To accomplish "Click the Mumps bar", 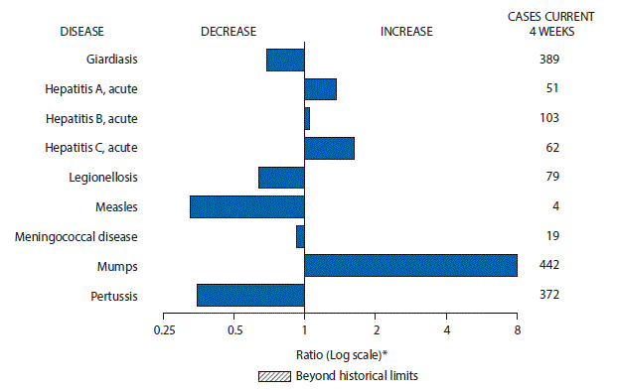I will (410, 266).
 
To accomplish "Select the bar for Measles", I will (246, 206).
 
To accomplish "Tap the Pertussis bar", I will (250, 296).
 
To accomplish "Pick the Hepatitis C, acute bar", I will (329, 148).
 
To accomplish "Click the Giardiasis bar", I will (285, 60).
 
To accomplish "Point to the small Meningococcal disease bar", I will (300, 236).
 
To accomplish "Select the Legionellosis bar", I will (281, 178).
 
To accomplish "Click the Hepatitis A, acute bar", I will (320, 89).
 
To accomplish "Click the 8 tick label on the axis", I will (517, 329).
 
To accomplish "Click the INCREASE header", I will (406, 31).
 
